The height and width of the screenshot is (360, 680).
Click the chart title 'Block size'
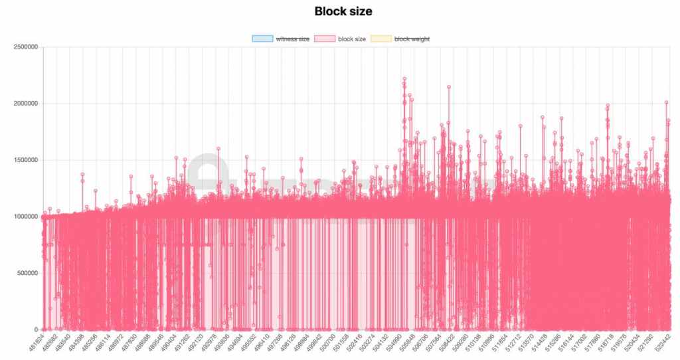[x=339, y=11]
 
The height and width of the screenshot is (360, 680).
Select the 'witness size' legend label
[x=293, y=39]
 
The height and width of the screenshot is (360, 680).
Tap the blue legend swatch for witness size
[x=262, y=39]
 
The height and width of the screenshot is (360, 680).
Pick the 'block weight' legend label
[x=412, y=39]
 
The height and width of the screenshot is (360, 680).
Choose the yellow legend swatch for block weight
[x=382, y=39]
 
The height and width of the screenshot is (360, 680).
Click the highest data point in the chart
[x=404, y=79]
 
